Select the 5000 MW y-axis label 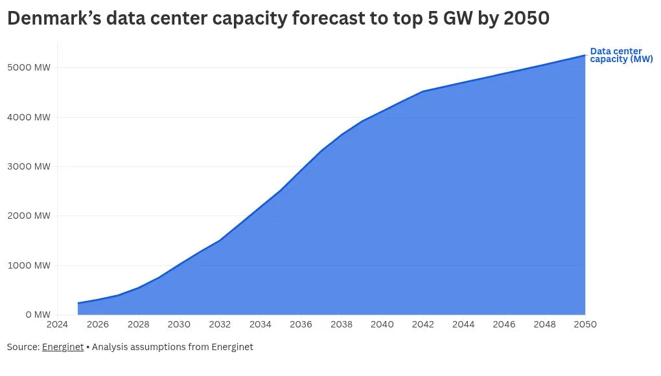tap(29, 67)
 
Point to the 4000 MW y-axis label tap(29, 117)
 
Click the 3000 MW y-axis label tap(29, 166)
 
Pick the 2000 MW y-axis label tap(29, 216)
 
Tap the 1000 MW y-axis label tap(29, 265)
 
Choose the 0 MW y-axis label tap(38, 315)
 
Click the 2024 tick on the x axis tap(57, 324)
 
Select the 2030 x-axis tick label tap(179, 324)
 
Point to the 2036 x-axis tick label tap(301, 324)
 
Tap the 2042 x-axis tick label tap(423, 324)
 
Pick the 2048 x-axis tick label tap(544, 324)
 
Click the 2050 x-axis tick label tap(585, 324)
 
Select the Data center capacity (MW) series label tap(621, 55)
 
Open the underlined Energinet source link tap(63, 347)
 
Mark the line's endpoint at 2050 tap(585, 55)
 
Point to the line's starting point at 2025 tap(78, 303)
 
